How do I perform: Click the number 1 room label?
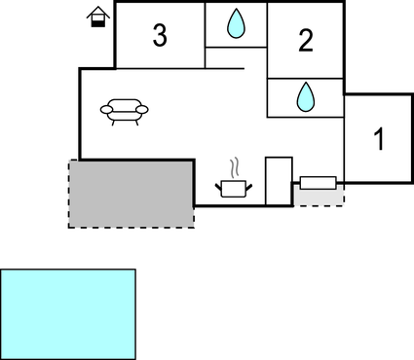(379, 139)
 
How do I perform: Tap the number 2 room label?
(306, 42)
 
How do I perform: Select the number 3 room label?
(160, 37)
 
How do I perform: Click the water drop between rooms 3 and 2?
(236, 24)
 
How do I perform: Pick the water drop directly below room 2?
(305, 95)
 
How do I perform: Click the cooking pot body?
(235, 188)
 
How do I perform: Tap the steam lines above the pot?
(234, 166)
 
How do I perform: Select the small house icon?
(96, 17)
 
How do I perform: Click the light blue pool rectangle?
(68, 313)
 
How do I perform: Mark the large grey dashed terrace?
(131, 193)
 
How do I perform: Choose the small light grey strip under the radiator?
(320, 198)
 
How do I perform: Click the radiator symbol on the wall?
(319, 182)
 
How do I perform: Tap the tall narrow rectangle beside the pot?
(279, 180)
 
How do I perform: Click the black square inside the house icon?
(96, 21)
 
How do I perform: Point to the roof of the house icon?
(96, 11)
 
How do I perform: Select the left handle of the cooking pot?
(218, 182)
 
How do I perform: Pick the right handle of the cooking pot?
(251, 182)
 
